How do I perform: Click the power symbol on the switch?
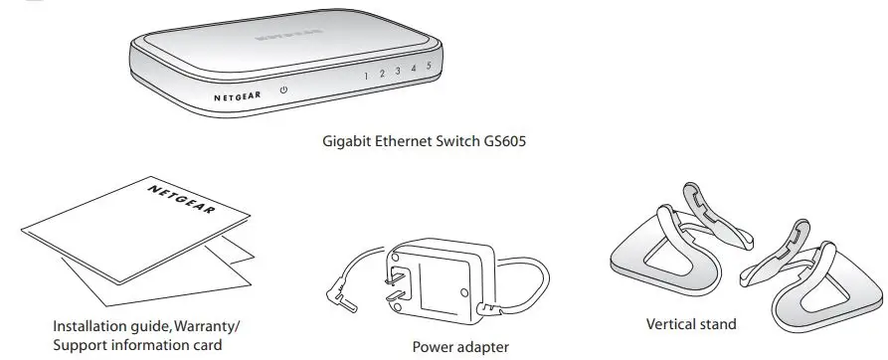283,90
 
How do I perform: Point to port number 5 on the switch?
428,67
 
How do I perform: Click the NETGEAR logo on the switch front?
236,98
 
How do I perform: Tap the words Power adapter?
460,347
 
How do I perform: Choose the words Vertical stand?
691,324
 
